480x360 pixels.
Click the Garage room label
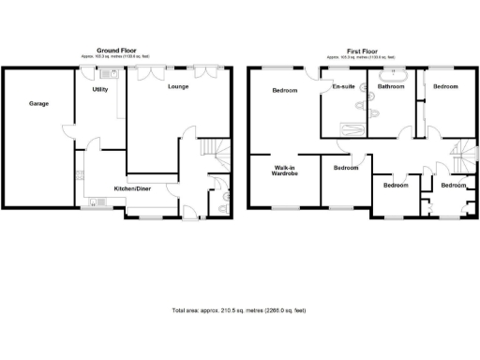pos(37,103)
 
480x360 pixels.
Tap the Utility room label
pos(100,90)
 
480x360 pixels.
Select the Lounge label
pos(178,87)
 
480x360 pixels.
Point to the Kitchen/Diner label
pos(132,188)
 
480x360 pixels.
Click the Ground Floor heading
pos(119,50)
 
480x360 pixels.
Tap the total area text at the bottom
pos(240,310)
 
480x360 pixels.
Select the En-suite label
pos(343,87)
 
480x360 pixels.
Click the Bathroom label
pos(391,87)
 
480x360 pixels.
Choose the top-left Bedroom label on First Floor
pos(284,91)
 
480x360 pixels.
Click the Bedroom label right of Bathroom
pos(444,87)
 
